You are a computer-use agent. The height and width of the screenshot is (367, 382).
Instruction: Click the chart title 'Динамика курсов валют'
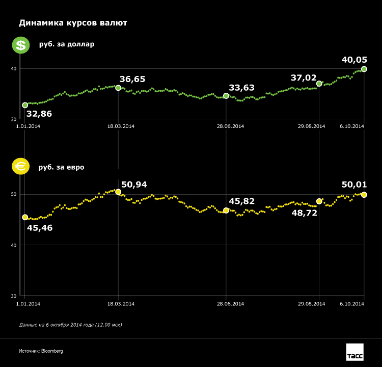pyautogui.click(x=73, y=23)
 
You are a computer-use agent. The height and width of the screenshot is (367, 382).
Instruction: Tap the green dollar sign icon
pyautogui.click(x=20, y=45)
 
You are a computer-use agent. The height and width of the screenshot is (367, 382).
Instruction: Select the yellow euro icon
pyautogui.click(x=20, y=167)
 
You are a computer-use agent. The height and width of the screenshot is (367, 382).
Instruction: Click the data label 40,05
pyautogui.click(x=354, y=60)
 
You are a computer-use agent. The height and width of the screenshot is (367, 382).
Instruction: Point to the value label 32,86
pyautogui.click(x=39, y=113)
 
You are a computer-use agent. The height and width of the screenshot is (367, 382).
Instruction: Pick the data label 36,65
pyautogui.click(x=132, y=79)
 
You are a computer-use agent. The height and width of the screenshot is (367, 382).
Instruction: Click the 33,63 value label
pyautogui.click(x=242, y=88)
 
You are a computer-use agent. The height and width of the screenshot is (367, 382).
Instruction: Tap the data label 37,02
pyautogui.click(x=304, y=78)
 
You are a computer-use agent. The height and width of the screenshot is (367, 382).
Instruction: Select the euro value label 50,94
pyautogui.click(x=134, y=184)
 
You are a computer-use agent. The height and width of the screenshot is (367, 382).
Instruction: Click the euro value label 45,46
pyautogui.click(x=39, y=228)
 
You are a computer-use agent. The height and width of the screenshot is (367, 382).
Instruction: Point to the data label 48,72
pyautogui.click(x=304, y=213)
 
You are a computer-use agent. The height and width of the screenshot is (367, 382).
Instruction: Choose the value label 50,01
pyautogui.click(x=354, y=185)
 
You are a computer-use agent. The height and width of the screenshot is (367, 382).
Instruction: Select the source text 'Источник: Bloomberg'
pyautogui.click(x=41, y=351)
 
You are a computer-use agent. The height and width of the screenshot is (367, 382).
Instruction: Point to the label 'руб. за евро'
pyautogui.click(x=62, y=167)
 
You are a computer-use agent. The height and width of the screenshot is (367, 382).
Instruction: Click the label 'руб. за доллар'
pyautogui.click(x=67, y=44)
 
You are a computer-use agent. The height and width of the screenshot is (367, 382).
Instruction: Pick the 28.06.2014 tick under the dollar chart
pyautogui.click(x=231, y=126)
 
